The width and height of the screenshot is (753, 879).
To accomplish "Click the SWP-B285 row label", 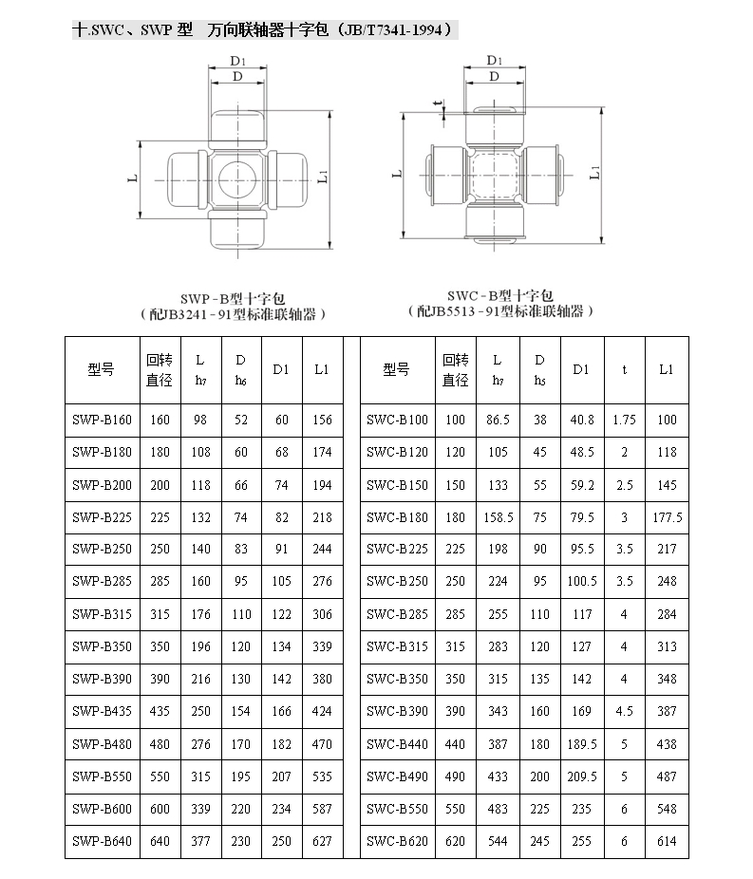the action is click(102, 581).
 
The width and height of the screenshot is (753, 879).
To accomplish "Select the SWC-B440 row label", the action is click(397, 744).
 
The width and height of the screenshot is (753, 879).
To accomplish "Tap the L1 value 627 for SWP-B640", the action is click(322, 841).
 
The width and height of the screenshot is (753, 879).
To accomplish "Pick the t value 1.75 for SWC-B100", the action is click(624, 420).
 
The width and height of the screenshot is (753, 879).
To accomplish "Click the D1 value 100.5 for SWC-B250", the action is click(582, 581).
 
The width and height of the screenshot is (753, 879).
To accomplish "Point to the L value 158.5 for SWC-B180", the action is click(499, 517).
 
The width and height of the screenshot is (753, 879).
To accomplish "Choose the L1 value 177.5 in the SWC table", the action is click(668, 517).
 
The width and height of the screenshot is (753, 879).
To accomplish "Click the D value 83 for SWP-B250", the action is click(241, 550).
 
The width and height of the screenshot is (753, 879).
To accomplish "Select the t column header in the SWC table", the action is click(624, 370).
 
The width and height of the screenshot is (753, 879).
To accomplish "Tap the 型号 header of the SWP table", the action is click(101, 370).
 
